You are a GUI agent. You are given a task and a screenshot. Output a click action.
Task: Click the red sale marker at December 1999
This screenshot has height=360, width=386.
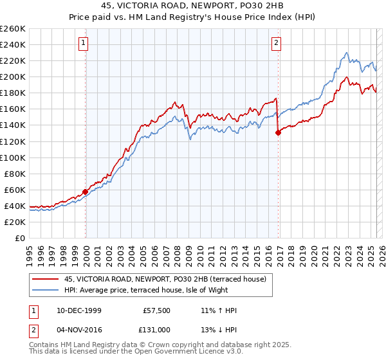coord(85,192)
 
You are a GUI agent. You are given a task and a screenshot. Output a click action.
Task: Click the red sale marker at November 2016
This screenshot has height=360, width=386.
coord(278,132)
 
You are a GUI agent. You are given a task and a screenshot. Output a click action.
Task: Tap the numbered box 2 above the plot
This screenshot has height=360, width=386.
coord(276,44)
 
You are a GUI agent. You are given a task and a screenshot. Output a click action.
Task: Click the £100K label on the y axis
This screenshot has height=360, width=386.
coord(12,157)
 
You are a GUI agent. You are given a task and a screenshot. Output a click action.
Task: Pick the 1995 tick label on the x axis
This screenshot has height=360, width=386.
coord(29,252)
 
